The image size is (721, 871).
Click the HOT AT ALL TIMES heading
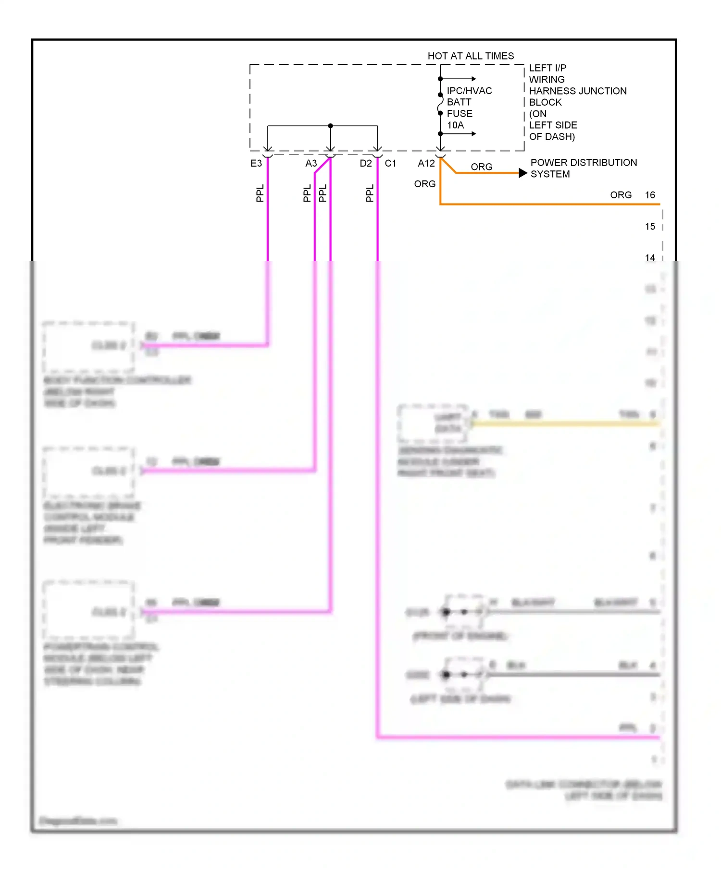[x=471, y=56]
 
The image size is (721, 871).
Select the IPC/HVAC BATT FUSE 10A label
[x=469, y=108]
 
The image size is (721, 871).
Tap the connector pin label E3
[x=256, y=164]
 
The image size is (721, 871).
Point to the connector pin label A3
[x=311, y=164]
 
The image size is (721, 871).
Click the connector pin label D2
[x=366, y=164]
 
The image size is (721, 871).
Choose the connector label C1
[x=390, y=164]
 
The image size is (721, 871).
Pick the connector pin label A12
[x=426, y=164]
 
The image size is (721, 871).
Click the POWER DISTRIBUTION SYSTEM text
[x=583, y=169]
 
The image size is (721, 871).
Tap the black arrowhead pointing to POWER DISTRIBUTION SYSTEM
[x=523, y=173]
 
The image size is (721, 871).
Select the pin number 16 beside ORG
[x=650, y=195]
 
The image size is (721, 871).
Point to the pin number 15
[x=650, y=227]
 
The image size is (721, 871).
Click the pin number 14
[x=650, y=258]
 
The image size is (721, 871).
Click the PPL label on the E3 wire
[x=260, y=193]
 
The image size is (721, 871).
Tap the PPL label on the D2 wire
[x=370, y=193]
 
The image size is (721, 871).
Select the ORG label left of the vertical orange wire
[x=425, y=184]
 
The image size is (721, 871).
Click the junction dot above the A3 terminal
[x=330, y=126]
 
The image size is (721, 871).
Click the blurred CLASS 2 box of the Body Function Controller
[x=88, y=346]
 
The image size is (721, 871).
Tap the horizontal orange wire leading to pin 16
[x=548, y=204]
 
